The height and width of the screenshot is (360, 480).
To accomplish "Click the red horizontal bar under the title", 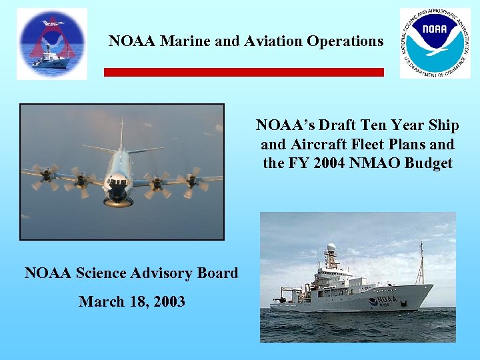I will click(243, 72).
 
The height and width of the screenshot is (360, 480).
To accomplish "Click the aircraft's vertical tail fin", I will click(122, 133).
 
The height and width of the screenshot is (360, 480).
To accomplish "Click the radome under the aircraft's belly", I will click(119, 200).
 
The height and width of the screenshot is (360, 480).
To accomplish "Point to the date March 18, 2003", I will click(132, 301).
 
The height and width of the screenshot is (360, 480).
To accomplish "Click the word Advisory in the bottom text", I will click(163, 273).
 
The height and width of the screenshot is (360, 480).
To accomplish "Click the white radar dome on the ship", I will click(331, 248).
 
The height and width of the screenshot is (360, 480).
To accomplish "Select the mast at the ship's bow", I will click(420, 263).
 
